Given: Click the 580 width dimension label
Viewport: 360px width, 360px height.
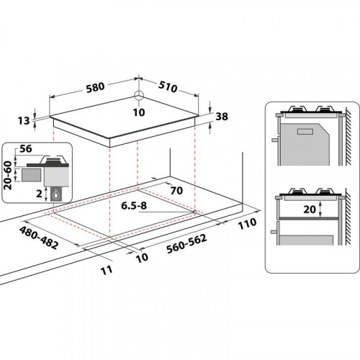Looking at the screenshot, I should [94, 86].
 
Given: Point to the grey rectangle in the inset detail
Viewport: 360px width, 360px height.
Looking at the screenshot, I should [31, 174].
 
